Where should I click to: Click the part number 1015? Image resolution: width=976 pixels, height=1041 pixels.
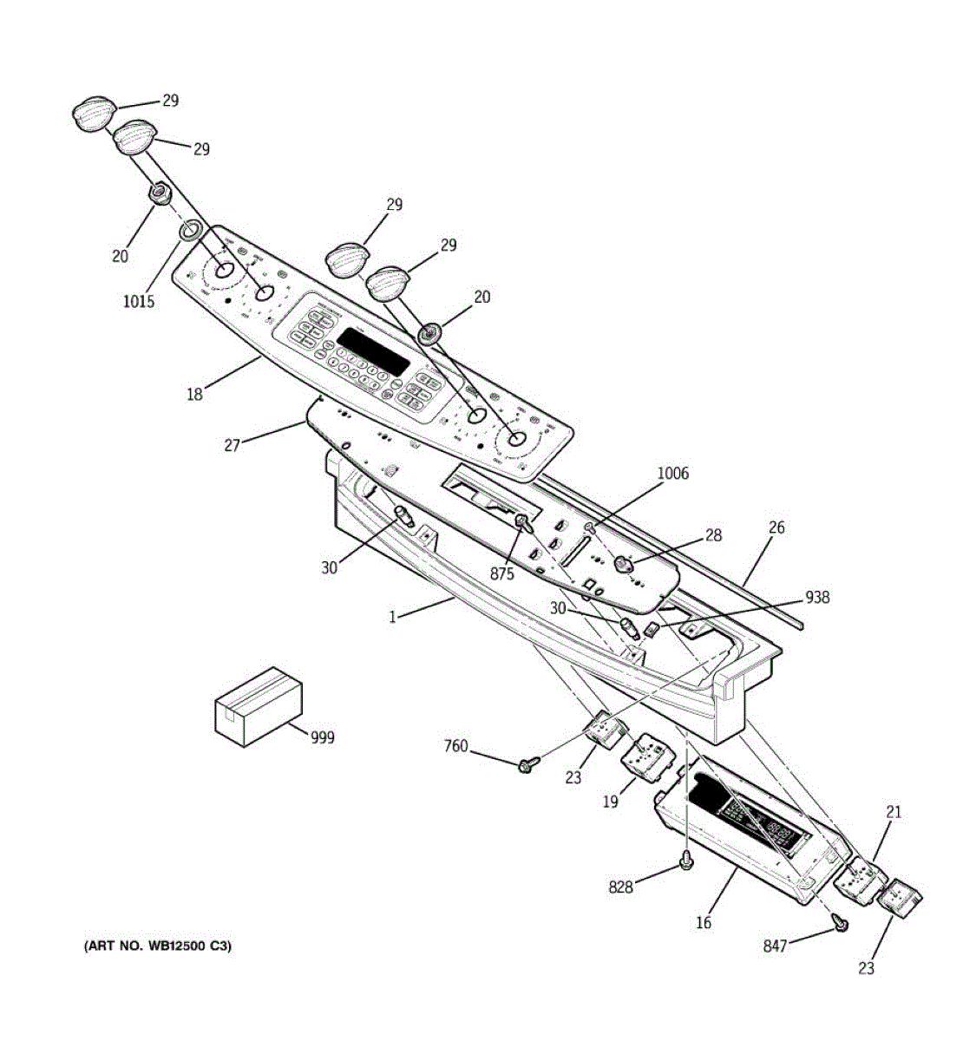pyautogui.click(x=138, y=301)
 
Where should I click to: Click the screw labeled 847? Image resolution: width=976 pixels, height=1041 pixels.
pyautogui.click(x=839, y=925)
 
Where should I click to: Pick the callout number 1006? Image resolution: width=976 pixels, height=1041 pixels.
pyautogui.click(x=672, y=474)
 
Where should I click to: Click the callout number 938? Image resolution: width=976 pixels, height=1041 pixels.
pyautogui.click(x=816, y=597)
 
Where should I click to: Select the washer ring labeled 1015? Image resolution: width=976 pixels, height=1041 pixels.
pyautogui.click(x=191, y=231)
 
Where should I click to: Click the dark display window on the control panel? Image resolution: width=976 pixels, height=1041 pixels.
pyautogui.click(x=373, y=351)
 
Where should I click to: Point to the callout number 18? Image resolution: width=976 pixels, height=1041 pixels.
pyautogui.click(x=194, y=395)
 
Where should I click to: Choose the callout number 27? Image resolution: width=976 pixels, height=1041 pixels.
pyautogui.click(x=232, y=445)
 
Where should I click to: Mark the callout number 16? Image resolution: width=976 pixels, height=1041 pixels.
pyautogui.click(x=703, y=922)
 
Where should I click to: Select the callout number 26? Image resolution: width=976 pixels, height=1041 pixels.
pyautogui.click(x=776, y=527)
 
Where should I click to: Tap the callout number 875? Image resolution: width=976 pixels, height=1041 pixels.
pyautogui.click(x=501, y=574)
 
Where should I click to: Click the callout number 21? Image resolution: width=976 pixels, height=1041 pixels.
pyautogui.click(x=894, y=812)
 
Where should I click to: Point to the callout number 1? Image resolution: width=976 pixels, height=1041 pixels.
pyautogui.click(x=392, y=617)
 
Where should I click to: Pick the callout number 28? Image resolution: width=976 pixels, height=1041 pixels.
pyautogui.click(x=712, y=536)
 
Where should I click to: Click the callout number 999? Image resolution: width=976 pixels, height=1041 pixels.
pyautogui.click(x=322, y=737)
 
